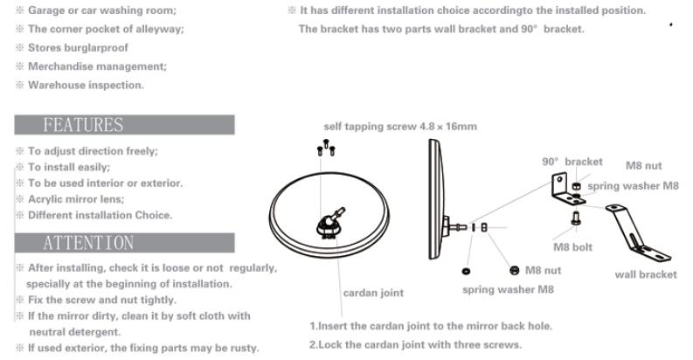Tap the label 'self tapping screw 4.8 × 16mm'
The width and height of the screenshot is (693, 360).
click(400, 127)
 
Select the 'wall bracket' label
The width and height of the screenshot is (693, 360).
click(645, 274)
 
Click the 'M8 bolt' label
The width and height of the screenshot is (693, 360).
click(573, 246)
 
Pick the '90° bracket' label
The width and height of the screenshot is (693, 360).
click(572, 163)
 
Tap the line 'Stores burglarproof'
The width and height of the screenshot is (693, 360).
click(68, 48)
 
